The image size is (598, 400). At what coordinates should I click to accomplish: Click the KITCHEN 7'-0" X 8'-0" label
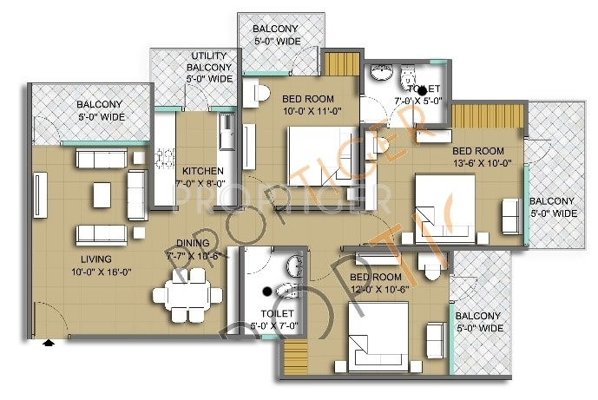(x=202, y=177)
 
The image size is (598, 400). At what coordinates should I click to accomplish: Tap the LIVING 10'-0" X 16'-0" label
(x=77, y=266)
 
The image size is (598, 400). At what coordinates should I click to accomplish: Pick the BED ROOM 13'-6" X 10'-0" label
(x=482, y=155)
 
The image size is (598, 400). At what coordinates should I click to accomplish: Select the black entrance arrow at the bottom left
(x=49, y=343)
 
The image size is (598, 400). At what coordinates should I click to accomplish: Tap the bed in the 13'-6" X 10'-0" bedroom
(x=445, y=201)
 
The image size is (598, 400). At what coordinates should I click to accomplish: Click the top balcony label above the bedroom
(x=276, y=34)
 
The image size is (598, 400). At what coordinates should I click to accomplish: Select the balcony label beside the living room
(x=89, y=109)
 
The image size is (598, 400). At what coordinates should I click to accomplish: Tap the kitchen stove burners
(x=164, y=160)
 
